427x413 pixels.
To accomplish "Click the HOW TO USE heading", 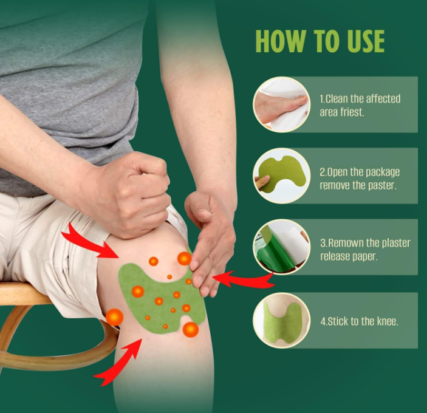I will pos(319,41).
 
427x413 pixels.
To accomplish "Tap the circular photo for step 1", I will pos(281,104).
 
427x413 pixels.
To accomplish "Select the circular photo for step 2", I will pos(281,176).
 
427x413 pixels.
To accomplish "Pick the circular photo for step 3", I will pos(281,247).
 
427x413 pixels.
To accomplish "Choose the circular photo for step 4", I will pos(281,320).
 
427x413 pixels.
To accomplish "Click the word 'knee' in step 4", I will pos(388,321).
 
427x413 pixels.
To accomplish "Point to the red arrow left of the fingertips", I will pos(243,279).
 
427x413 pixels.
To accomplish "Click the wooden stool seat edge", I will pos(24,294).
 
